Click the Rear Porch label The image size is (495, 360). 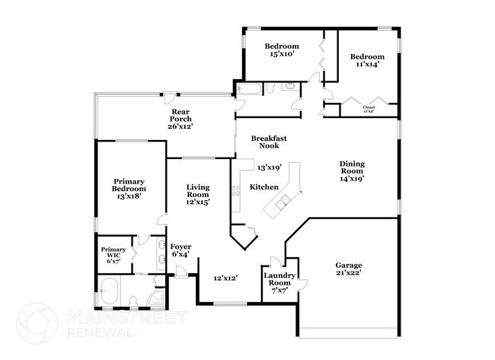pyautogui.click(x=180, y=119)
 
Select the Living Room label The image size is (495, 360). pyautogui.click(x=197, y=194)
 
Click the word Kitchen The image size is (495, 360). pyautogui.click(x=264, y=187)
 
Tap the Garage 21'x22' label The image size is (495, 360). pyautogui.click(x=348, y=269)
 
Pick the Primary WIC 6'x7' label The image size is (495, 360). pyautogui.click(x=113, y=255)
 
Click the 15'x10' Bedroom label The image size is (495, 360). pyautogui.click(x=282, y=49)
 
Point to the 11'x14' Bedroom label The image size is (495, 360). pyautogui.click(x=367, y=61)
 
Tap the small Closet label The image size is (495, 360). pyautogui.click(x=369, y=109)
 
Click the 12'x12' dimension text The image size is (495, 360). pyautogui.click(x=225, y=279)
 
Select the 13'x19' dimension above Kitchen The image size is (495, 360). pyautogui.click(x=269, y=167)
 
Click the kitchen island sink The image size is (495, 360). pyautogui.click(x=283, y=202)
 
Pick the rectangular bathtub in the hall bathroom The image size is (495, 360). pyautogui.click(x=249, y=90)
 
